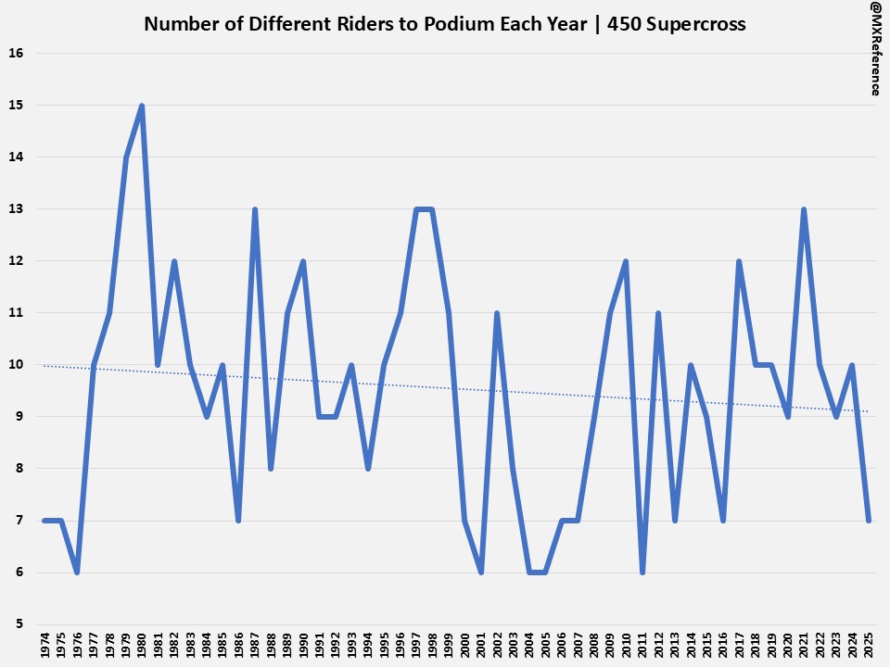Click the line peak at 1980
click(x=142, y=106)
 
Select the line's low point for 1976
click(x=77, y=572)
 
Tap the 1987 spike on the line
click(x=255, y=209)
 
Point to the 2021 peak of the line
click(x=804, y=209)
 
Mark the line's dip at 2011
click(x=642, y=572)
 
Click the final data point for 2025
click(x=869, y=520)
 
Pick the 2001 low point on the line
click(x=480, y=572)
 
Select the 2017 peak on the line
click(x=739, y=261)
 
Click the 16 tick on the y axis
click(x=17, y=54)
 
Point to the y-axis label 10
click(x=17, y=365)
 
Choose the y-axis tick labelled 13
click(x=17, y=209)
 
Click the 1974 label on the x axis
click(x=45, y=646)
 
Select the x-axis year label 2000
click(x=464, y=646)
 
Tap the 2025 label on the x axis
click(x=869, y=646)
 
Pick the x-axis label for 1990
click(x=303, y=646)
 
